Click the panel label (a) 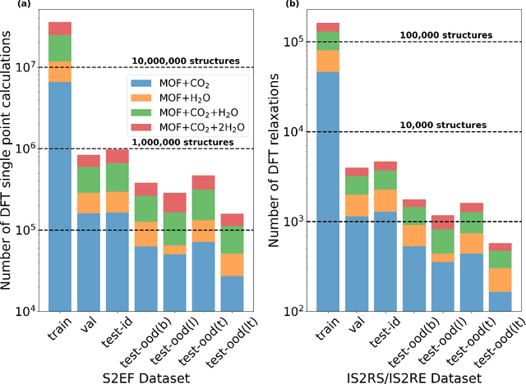pyautogui.click(x=9, y=6)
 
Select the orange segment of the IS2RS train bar pyautogui.click(x=329, y=61)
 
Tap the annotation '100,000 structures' pyautogui.click(x=445, y=35)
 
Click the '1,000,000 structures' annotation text pyautogui.click(x=188, y=141)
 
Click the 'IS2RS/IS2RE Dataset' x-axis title pyautogui.click(x=404, y=375)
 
